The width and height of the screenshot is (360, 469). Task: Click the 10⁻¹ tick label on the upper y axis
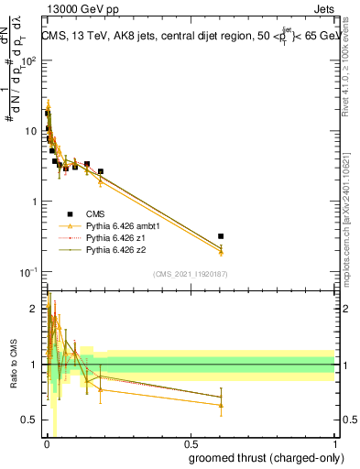tap(28, 272)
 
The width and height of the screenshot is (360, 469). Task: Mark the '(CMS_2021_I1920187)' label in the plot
tap(190, 274)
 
